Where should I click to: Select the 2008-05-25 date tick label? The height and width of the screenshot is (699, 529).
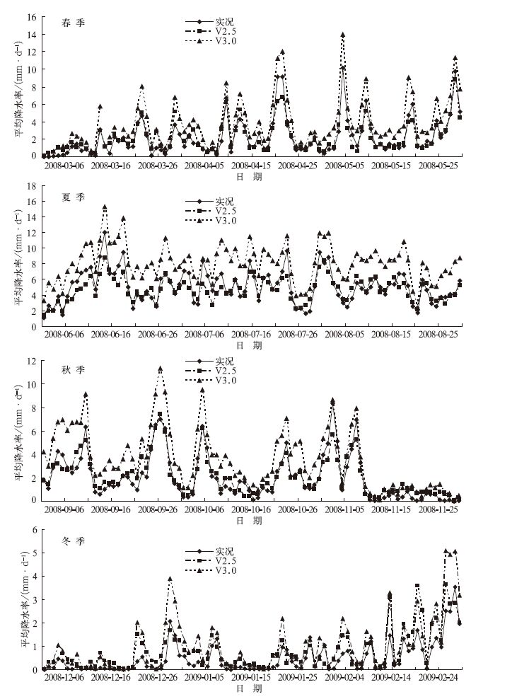441,166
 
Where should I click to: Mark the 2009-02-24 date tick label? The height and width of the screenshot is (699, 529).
441,678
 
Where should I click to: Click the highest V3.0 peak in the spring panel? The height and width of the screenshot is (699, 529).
342,34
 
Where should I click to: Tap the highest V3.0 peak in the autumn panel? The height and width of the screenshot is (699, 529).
161,368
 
